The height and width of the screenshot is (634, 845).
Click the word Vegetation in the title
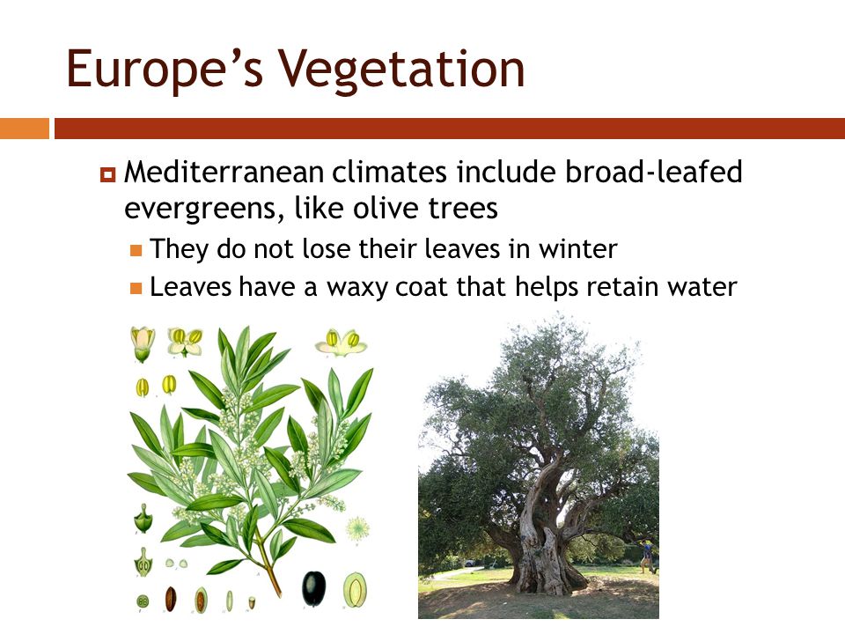pos(400,70)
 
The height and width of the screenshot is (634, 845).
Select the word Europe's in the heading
pos(165,70)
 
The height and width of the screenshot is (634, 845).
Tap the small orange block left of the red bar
pos(25,129)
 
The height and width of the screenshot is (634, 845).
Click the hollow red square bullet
pos(107,174)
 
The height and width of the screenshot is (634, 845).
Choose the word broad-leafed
pos(654,172)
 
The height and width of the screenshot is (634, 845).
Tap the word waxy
pos(356,287)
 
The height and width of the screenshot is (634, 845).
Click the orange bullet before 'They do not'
pos(136,250)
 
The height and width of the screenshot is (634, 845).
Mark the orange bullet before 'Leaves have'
pos(136,289)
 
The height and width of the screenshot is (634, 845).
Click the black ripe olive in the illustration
pos(313,588)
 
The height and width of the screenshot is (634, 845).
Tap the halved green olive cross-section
pos(355,590)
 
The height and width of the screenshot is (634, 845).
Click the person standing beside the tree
pos(648,556)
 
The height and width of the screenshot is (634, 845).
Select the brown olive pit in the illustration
pos(170,599)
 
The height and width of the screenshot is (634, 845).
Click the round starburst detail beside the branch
pos(358,528)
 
